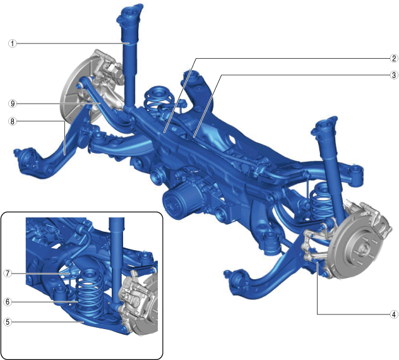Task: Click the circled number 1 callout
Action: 12,44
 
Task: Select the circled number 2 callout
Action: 394,59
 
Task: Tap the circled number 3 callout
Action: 394,75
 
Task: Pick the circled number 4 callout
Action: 394,314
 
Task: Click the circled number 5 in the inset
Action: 8,322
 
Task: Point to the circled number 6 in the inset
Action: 8,302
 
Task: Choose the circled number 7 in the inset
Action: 8,273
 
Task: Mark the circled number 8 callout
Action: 12,121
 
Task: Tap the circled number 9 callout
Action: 12,104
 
